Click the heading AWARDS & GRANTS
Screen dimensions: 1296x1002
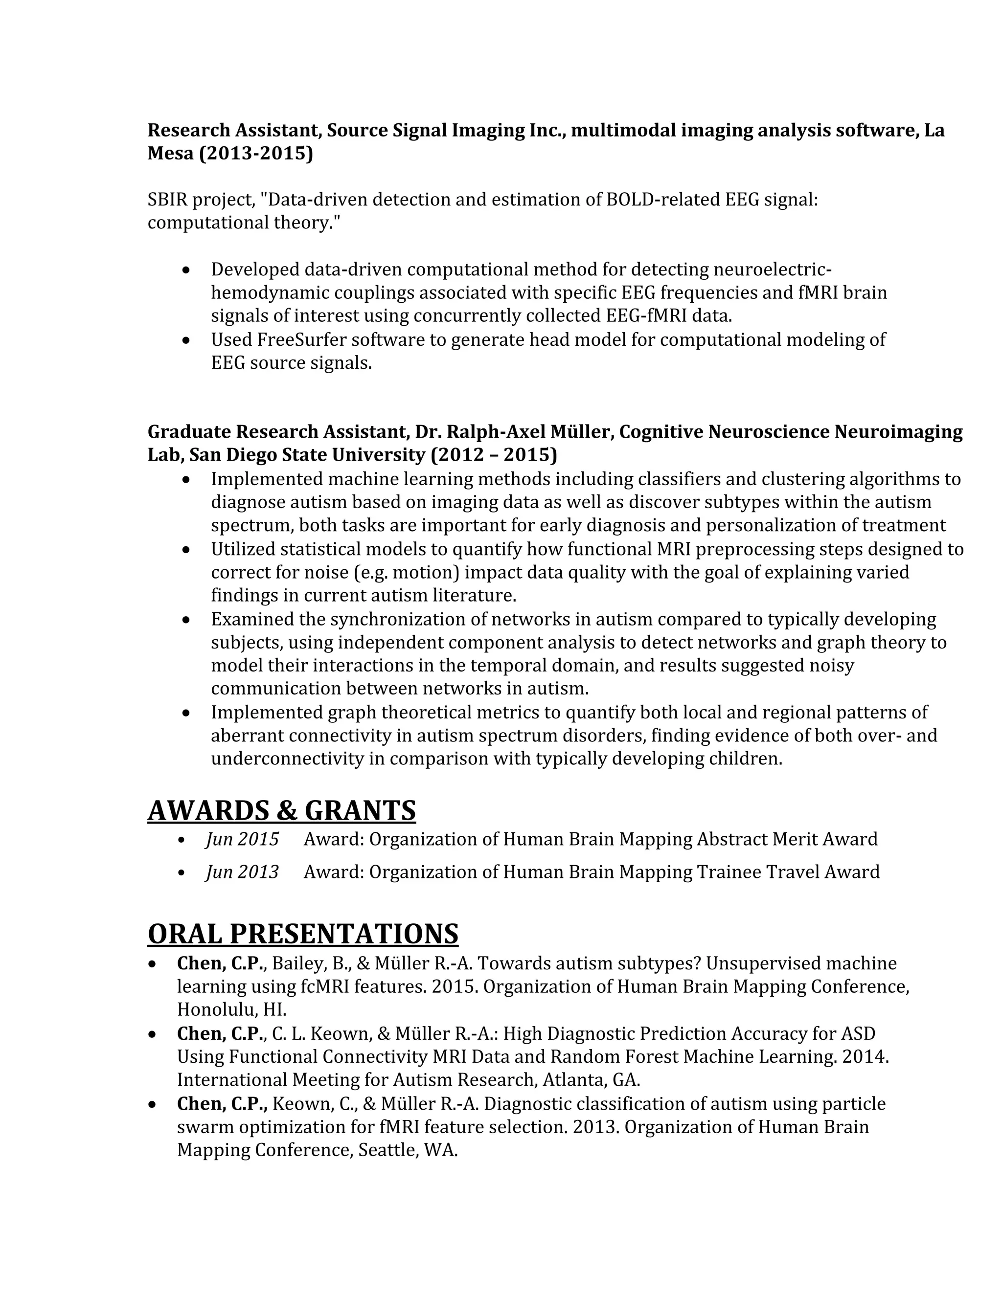point(281,810)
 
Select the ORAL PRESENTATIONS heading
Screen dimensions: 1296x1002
point(303,934)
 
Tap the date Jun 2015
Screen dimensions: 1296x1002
point(242,839)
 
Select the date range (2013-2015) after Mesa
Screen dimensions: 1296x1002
point(256,154)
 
